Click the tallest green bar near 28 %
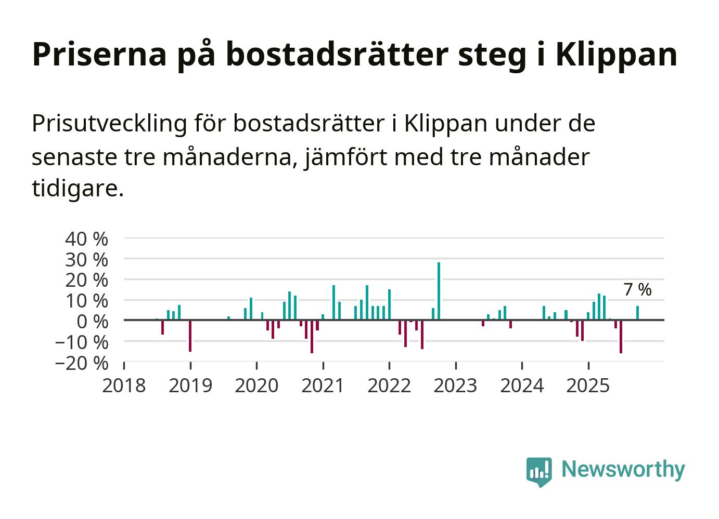click(439, 291)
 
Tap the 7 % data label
click(637, 290)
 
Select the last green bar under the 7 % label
click(637, 313)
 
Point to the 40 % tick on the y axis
click(86, 239)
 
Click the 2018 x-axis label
click(124, 386)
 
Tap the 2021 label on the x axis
click(323, 386)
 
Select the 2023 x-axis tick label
click(456, 386)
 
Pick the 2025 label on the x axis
click(588, 386)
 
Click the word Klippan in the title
click(617, 54)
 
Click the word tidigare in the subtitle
click(78, 189)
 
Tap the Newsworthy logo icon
click(538, 471)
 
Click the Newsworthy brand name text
click(623, 469)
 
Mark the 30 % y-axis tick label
click(86, 259)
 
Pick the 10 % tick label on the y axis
click(86, 301)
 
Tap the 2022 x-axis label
click(389, 386)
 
